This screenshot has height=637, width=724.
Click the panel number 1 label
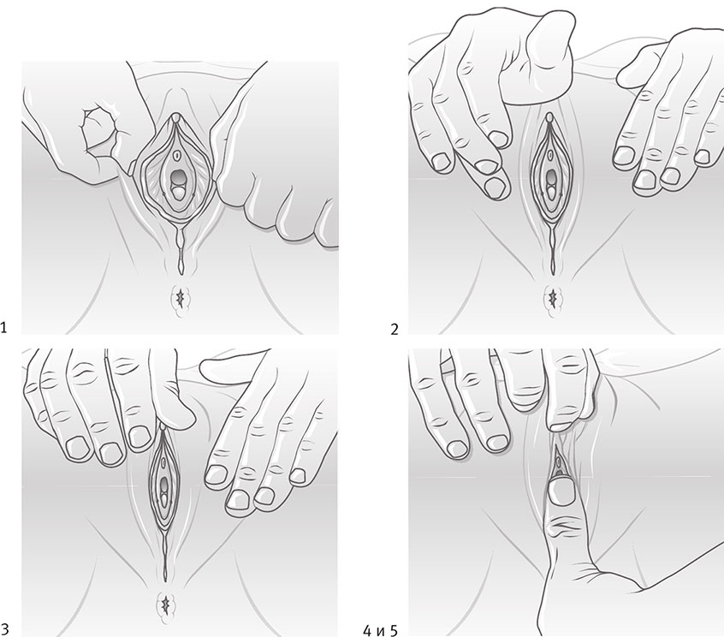click(x=3, y=328)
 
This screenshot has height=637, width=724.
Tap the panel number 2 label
click(x=394, y=330)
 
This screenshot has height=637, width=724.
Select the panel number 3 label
click(x=4, y=628)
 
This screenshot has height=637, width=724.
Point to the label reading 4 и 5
click(x=380, y=630)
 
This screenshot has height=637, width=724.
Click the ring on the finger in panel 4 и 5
click(x=447, y=365)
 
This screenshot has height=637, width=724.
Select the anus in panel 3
click(x=166, y=604)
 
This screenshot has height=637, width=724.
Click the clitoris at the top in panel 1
click(x=176, y=119)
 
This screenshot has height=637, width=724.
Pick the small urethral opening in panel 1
click(x=177, y=154)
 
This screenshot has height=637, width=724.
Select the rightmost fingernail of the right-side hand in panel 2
click(x=703, y=157)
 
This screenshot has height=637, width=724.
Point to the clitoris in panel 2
click(x=549, y=118)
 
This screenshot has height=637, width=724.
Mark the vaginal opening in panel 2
click(x=551, y=176)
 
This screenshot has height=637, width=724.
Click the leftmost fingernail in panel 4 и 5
click(x=458, y=449)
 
